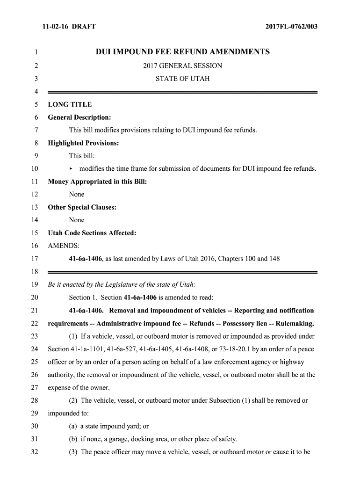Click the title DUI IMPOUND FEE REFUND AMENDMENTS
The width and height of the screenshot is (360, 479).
click(x=183, y=52)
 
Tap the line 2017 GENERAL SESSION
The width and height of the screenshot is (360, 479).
click(x=183, y=66)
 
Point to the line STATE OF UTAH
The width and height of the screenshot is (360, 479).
click(x=183, y=79)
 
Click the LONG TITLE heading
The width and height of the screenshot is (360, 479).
click(x=70, y=104)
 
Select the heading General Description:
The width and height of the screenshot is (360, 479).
click(x=79, y=117)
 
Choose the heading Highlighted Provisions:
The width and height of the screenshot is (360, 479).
click(x=83, y=143)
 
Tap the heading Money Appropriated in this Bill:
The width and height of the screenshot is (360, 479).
click(x=97, y=181)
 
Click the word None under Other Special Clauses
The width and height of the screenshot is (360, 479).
click(x=77, y=220)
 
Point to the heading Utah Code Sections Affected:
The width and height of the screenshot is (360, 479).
click(x=92, y=233)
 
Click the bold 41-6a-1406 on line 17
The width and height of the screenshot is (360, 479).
click(x=86, y=259)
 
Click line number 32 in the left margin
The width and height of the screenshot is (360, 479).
click(x=34, y=452)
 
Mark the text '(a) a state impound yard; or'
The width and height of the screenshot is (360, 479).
click(x=109, y=426)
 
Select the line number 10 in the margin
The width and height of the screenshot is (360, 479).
click(x=34, y=169)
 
